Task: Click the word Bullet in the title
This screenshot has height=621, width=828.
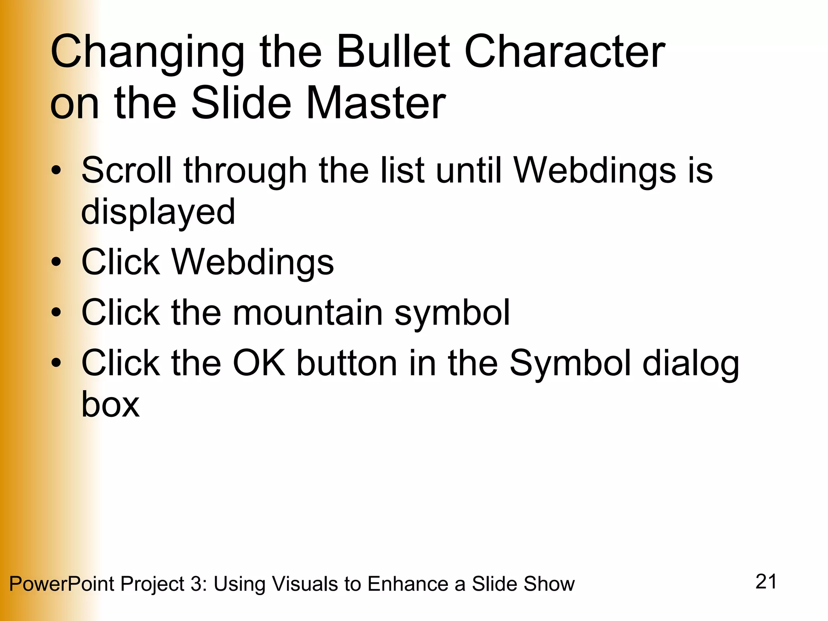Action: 393,52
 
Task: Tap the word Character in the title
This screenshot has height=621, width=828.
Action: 564,52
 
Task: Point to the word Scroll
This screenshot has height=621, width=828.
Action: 127,170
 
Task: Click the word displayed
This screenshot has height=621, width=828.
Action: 158,212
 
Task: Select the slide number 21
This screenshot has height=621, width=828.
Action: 766,582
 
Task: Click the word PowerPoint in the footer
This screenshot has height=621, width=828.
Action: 61,584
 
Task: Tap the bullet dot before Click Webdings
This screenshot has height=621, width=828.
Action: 56,262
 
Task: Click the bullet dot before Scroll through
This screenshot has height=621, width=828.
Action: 56,171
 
